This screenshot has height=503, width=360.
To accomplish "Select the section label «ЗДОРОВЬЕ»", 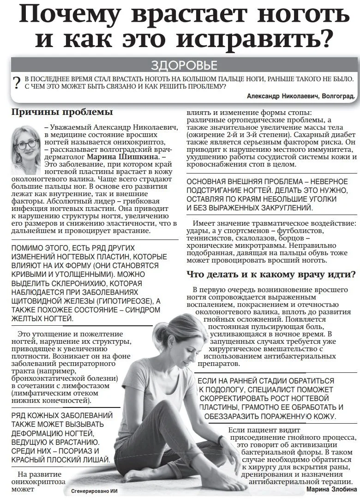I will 184,65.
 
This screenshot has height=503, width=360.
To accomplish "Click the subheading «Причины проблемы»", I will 62,112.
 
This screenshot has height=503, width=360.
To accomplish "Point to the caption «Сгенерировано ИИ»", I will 95,491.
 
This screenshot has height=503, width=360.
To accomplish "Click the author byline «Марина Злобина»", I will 332,489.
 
